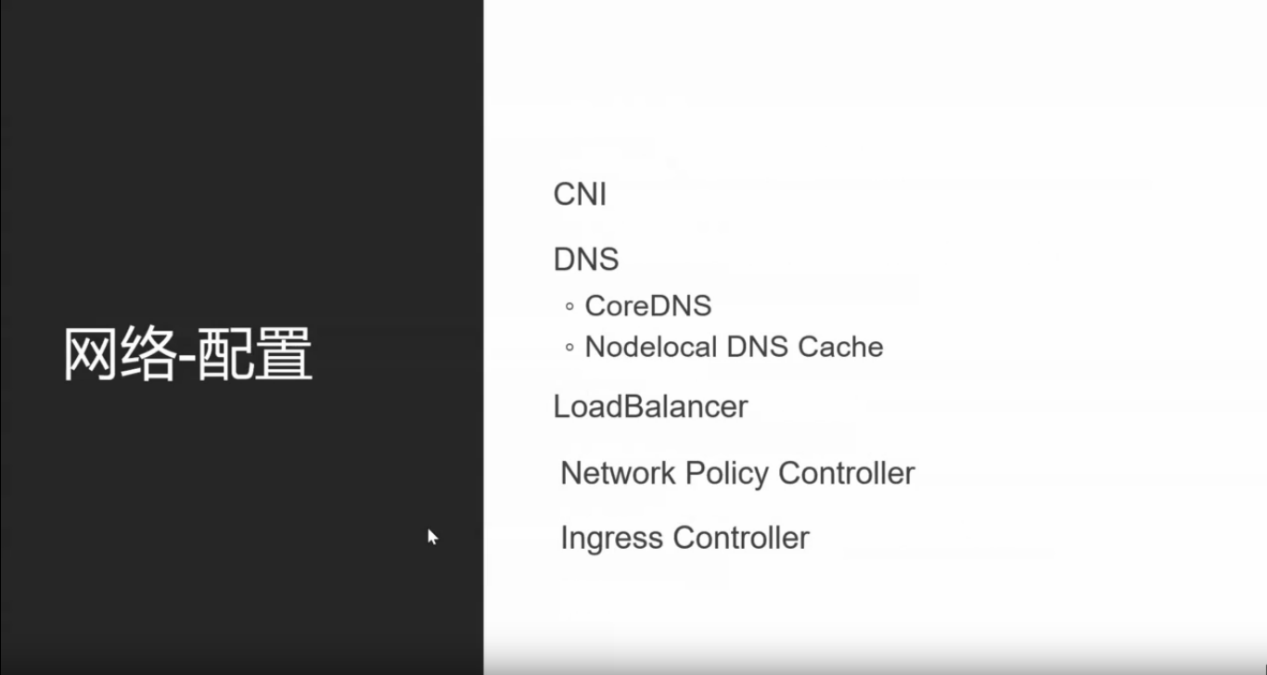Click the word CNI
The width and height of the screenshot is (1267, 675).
[x=580, y=195]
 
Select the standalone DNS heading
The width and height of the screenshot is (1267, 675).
[x=585, y=260]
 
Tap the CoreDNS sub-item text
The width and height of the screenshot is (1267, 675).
[x=647, y=306]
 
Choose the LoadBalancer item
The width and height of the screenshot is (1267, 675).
[x=650, y=407]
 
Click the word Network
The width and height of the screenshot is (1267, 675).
[x=618, y=474]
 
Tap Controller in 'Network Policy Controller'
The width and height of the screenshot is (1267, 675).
[x=846, y=474]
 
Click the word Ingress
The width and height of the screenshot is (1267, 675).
[x=612, y=539]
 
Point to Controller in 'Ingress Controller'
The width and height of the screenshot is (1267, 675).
[x=741, y=538]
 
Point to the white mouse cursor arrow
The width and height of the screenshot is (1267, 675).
[x=431, y=535]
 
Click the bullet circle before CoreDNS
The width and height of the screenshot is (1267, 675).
[x=570, y=307]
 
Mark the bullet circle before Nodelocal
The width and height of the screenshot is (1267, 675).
[x=570, y=349]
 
